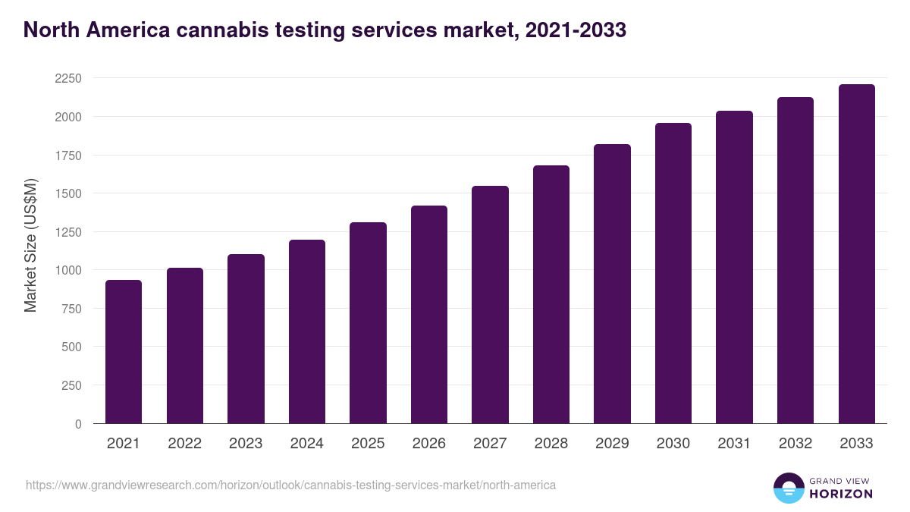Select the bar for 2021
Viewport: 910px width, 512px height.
[124, 352]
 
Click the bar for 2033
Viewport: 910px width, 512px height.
[857, 254]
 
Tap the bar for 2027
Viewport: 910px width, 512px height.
[490, 305]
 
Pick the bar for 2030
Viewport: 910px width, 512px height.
[673, 273]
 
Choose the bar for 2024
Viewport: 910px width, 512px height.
[307, 331]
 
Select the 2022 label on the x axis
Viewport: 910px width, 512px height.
[185, 444]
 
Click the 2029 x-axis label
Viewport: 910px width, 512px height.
[612, 444]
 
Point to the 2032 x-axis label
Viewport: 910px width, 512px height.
[795, 444]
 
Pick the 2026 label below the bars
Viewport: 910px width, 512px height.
[429, 444]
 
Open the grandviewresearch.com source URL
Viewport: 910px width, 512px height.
[290, 485]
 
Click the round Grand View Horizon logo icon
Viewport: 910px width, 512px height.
[788, 488]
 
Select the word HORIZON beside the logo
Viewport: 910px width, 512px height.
[841, 494]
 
